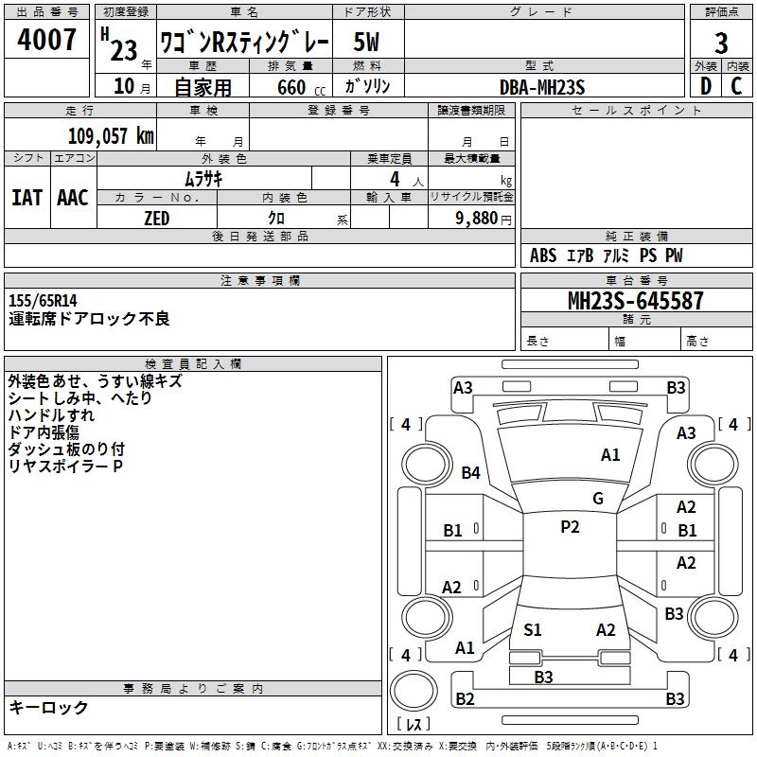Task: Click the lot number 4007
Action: point(47,41)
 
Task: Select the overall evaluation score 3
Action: point(721,43)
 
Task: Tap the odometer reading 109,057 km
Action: point(111,135)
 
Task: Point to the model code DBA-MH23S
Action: point(541,87)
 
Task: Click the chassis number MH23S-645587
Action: point(635,301)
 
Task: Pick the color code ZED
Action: point(156,219)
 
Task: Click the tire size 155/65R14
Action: point(43,300)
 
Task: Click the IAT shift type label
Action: point(26,197)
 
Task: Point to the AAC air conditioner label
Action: point(72,197)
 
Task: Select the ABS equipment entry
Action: point(543,255)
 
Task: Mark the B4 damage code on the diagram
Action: point(471,472)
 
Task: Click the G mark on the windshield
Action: point(597,499)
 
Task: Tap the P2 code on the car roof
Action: point(570,527)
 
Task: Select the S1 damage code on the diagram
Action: point(533,629)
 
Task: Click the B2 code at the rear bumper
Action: point(465,698)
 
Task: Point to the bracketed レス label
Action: point(414,725)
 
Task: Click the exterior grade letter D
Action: point(705,87)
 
